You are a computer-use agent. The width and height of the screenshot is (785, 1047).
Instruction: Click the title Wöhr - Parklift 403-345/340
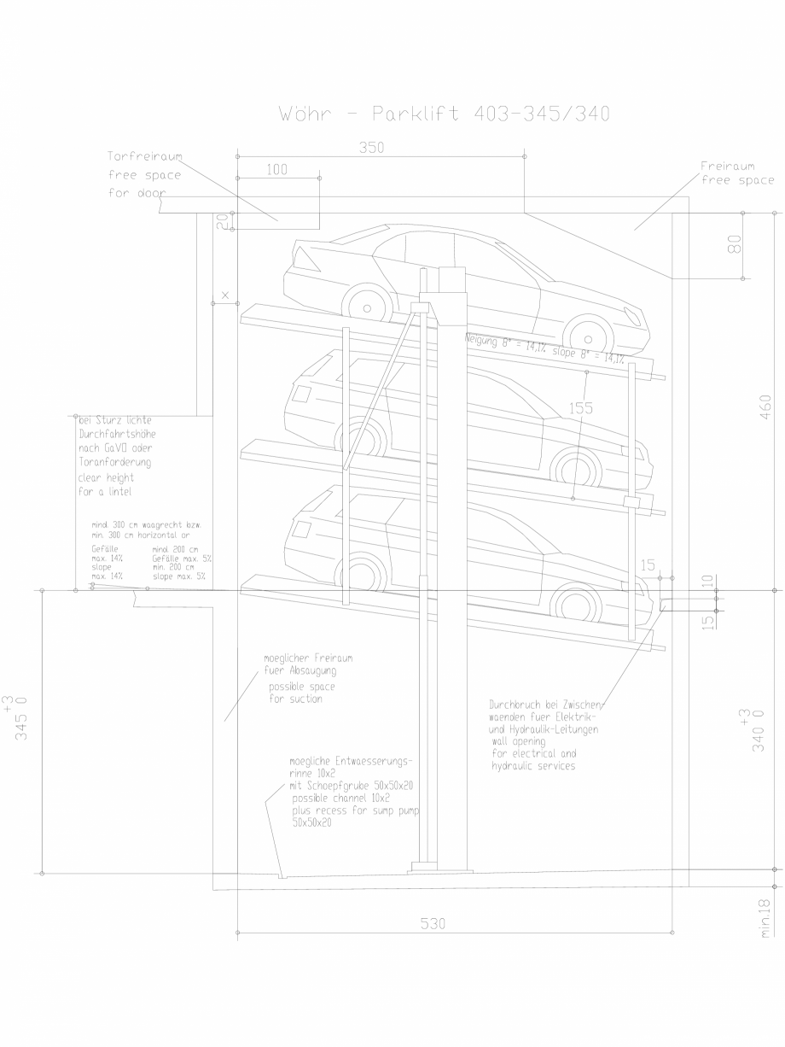click(444, 114)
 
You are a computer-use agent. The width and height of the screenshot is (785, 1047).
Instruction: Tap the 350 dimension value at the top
click(371, 148)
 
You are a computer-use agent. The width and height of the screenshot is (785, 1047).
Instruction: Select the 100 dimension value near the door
click(276, 170)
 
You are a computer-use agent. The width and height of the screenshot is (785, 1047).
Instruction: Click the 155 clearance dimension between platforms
click(581, 408)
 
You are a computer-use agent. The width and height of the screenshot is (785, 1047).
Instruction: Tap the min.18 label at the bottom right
click(765, 920)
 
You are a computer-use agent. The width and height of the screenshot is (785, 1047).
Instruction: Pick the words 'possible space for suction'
click(302, 693)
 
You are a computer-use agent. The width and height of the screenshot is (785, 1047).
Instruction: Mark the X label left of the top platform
click(225, 295)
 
